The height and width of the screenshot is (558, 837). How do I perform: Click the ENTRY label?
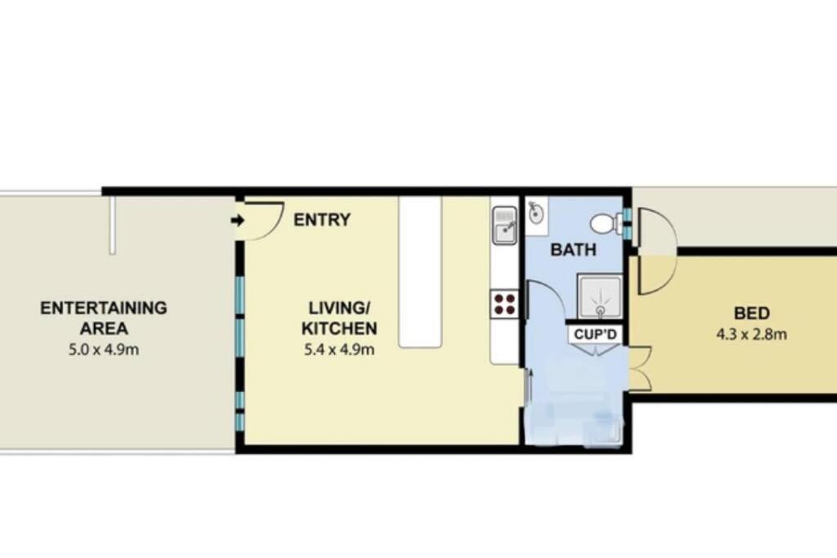point(322,219)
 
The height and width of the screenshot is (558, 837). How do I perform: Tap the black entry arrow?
point(238,220)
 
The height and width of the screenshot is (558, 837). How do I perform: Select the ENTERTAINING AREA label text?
point(104,318)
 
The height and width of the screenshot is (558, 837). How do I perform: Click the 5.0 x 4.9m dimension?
point(104,350)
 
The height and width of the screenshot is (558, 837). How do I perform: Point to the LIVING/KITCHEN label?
point(339,318)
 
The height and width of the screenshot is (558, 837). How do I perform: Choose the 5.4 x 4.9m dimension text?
point(339,350)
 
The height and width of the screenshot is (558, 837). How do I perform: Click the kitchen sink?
point(504,225)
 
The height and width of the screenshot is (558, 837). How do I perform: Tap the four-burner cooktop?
point(505,304)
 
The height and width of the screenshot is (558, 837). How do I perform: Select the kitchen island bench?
point(421,272)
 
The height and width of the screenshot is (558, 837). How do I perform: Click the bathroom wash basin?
point(536,213)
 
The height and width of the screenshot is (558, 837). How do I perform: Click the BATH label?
point(573,250)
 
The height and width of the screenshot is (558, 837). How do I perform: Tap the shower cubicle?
point(599,297)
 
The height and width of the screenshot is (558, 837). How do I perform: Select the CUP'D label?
point(595,334)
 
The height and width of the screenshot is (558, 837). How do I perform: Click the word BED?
point(751,313)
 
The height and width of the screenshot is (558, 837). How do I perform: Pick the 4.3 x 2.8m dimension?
point(751,334)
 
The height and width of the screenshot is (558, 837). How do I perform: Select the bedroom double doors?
point(641,368)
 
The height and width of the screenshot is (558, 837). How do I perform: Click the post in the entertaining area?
point(113,224)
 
